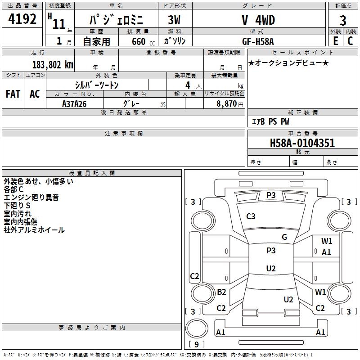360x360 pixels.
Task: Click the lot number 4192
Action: (x=22, y=20)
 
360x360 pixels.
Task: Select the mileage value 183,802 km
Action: (x=52, y=64)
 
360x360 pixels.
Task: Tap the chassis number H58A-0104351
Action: (x=302, y=143)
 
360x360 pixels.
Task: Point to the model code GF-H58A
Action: (x=258, y=41)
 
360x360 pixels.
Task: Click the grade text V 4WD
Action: (x=258, y=20)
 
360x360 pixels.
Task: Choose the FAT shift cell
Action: (x=13, y=94)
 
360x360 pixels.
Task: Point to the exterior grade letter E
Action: (x=335, y=41)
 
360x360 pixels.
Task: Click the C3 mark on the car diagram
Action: (x=251, y=216)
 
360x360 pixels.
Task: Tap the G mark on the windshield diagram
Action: (x=284, y=237)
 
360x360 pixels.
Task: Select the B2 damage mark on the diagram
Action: (x=221, y=292)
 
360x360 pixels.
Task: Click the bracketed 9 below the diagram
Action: (x=196, y=344)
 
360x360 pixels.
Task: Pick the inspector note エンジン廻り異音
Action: (x=31, y=198)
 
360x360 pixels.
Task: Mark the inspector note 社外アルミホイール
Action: (x=34, y=230)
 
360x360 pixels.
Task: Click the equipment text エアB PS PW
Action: (x=270, y=122)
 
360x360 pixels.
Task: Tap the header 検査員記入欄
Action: (x=92, y=173)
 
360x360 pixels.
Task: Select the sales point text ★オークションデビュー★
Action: (x=288, y=63)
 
